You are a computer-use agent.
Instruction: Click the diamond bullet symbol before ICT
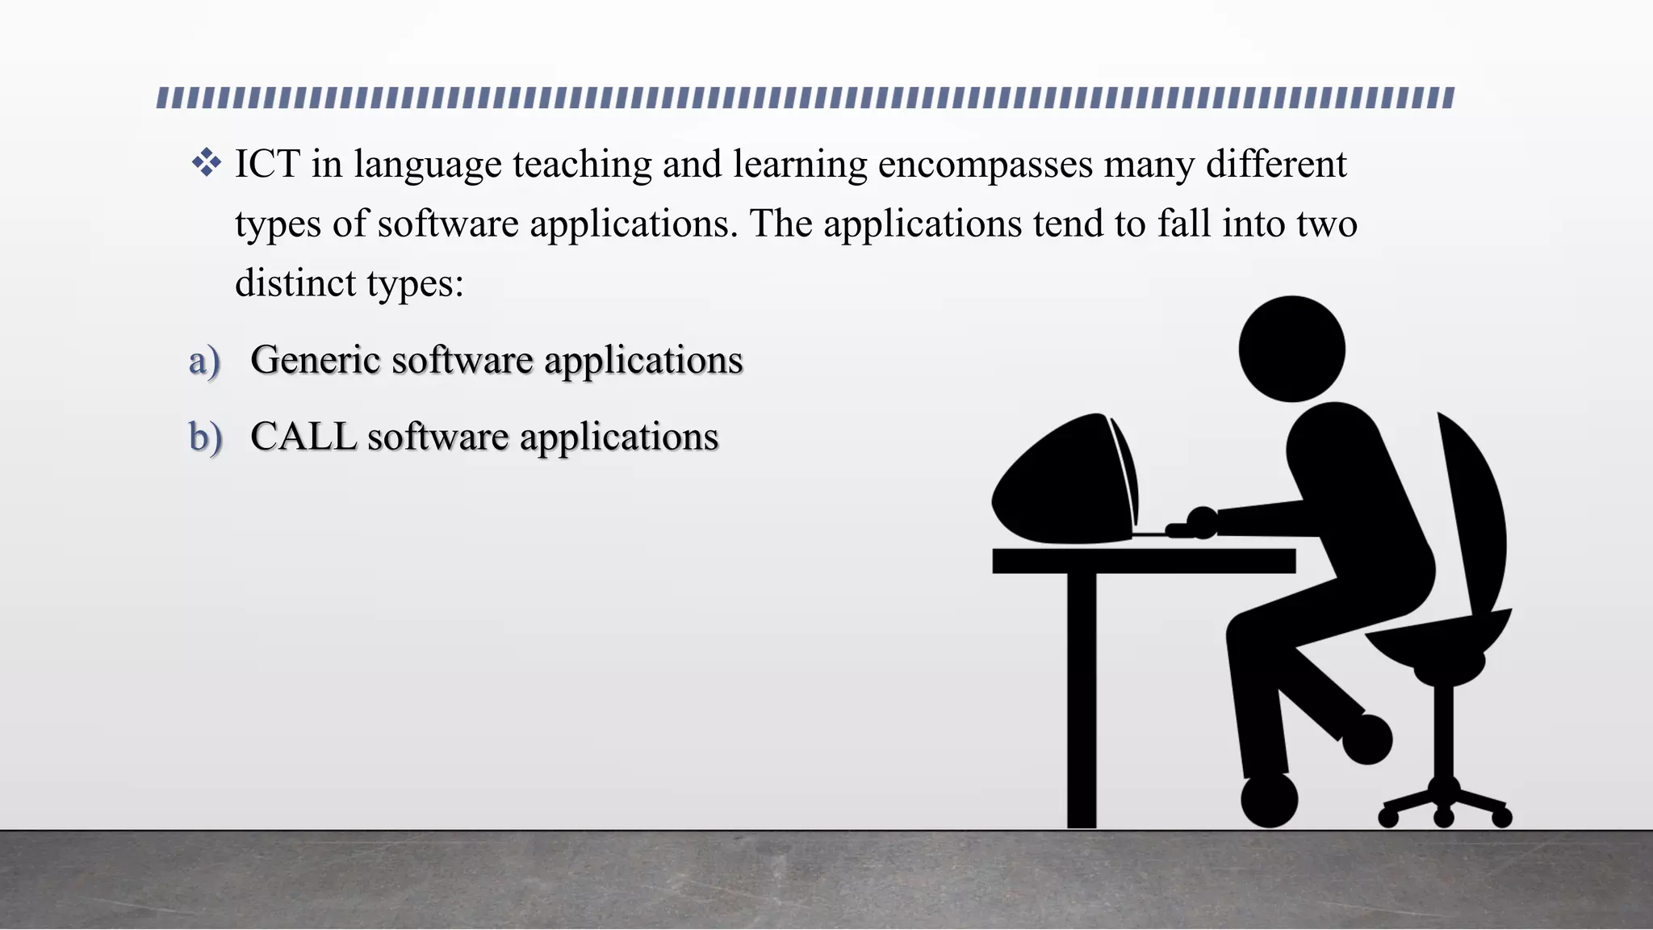click(207, 162)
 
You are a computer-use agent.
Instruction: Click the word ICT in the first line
click(267, 164)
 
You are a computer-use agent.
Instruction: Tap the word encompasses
click(985, 165)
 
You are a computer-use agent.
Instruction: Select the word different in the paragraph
click(1276, 164)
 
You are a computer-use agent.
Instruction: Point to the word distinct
click(295, 283)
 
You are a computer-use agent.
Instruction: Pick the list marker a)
click(204, 360)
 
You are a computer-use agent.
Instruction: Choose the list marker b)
click(205, 438)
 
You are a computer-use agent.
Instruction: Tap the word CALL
click(303, 438)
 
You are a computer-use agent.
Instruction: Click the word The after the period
click(780, 224)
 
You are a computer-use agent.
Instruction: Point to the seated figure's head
click(1291, 349)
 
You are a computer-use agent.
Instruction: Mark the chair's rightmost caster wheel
click(1501, 817)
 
